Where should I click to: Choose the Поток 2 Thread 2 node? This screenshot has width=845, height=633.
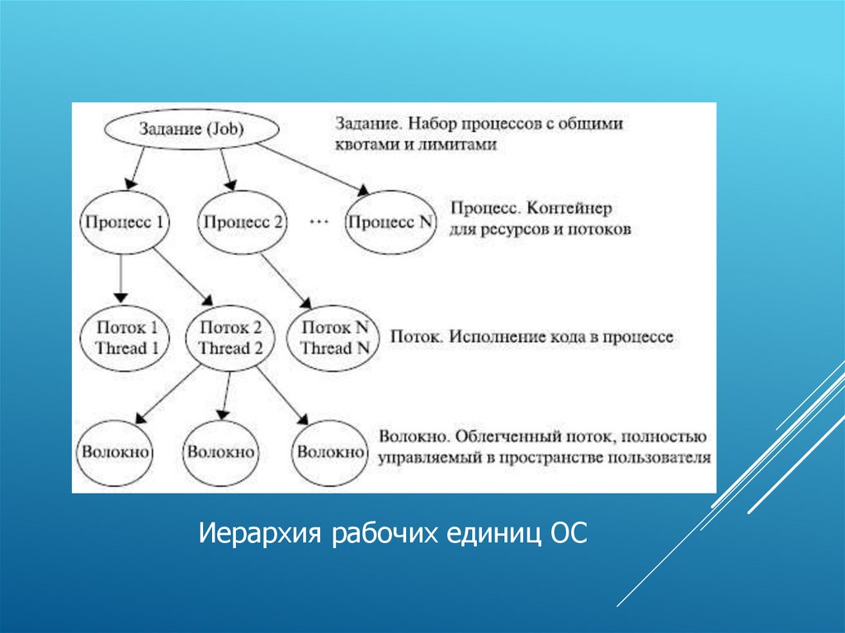230,338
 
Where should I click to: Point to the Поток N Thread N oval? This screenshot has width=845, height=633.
334,338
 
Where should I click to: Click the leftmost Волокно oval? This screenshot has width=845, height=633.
115,452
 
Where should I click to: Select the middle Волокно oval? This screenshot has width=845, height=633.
221,452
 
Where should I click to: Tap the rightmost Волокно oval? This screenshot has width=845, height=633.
330,452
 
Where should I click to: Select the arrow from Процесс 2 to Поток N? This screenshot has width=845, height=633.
286,278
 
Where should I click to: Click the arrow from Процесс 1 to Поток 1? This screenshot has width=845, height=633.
122,276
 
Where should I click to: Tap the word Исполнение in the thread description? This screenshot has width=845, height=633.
493,338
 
